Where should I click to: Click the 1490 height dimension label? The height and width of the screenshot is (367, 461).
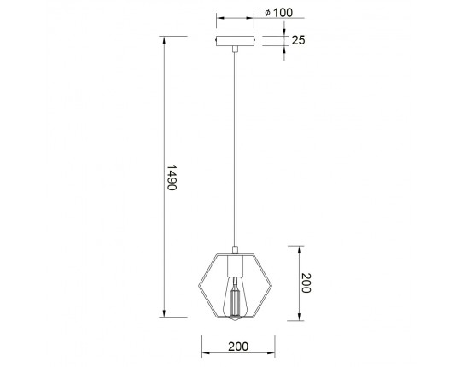(x=172, y=178)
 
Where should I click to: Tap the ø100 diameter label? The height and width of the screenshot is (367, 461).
(x=278, y=13)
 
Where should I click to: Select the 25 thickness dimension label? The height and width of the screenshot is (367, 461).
(x=298, y=40)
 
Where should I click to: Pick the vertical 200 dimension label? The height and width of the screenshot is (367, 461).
(x=306, y=283)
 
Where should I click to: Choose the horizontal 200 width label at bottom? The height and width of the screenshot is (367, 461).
(x=238, y=347)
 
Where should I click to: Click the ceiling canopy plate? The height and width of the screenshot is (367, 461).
(x=236, y=41)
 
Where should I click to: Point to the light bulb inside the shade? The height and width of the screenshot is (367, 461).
(x=235, y=298)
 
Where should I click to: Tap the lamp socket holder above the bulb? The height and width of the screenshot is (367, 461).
(x=235, y=266)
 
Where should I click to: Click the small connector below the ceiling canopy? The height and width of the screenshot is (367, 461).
(x=235, y=49)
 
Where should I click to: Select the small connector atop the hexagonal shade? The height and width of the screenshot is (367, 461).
(x=235, y=250)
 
